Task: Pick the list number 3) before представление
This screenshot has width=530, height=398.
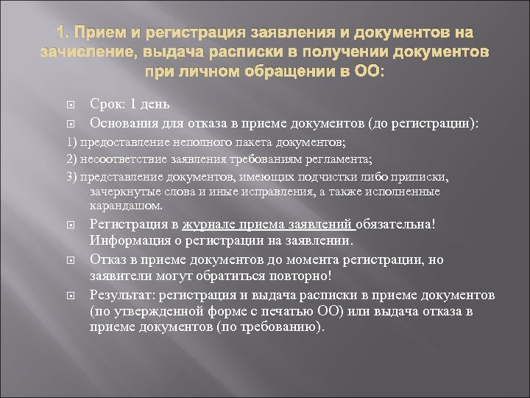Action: [x=71, y=178]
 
